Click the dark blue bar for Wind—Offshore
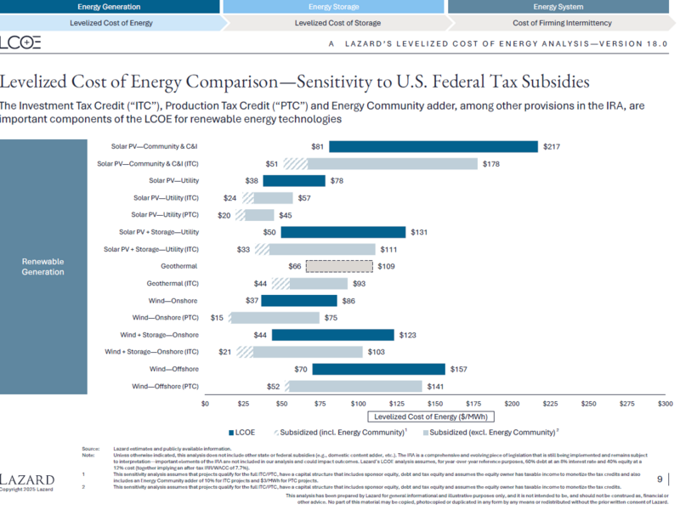(378, 369)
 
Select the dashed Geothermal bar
(338, 266)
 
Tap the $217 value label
(552, 147)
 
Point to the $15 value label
(217, 318)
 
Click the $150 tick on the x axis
(435, 404)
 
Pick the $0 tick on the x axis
(205, 404)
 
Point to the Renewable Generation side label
(42, 266)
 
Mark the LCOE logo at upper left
(20, 42)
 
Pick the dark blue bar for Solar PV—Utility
(294, 181)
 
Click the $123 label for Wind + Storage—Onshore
(407, 335)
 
